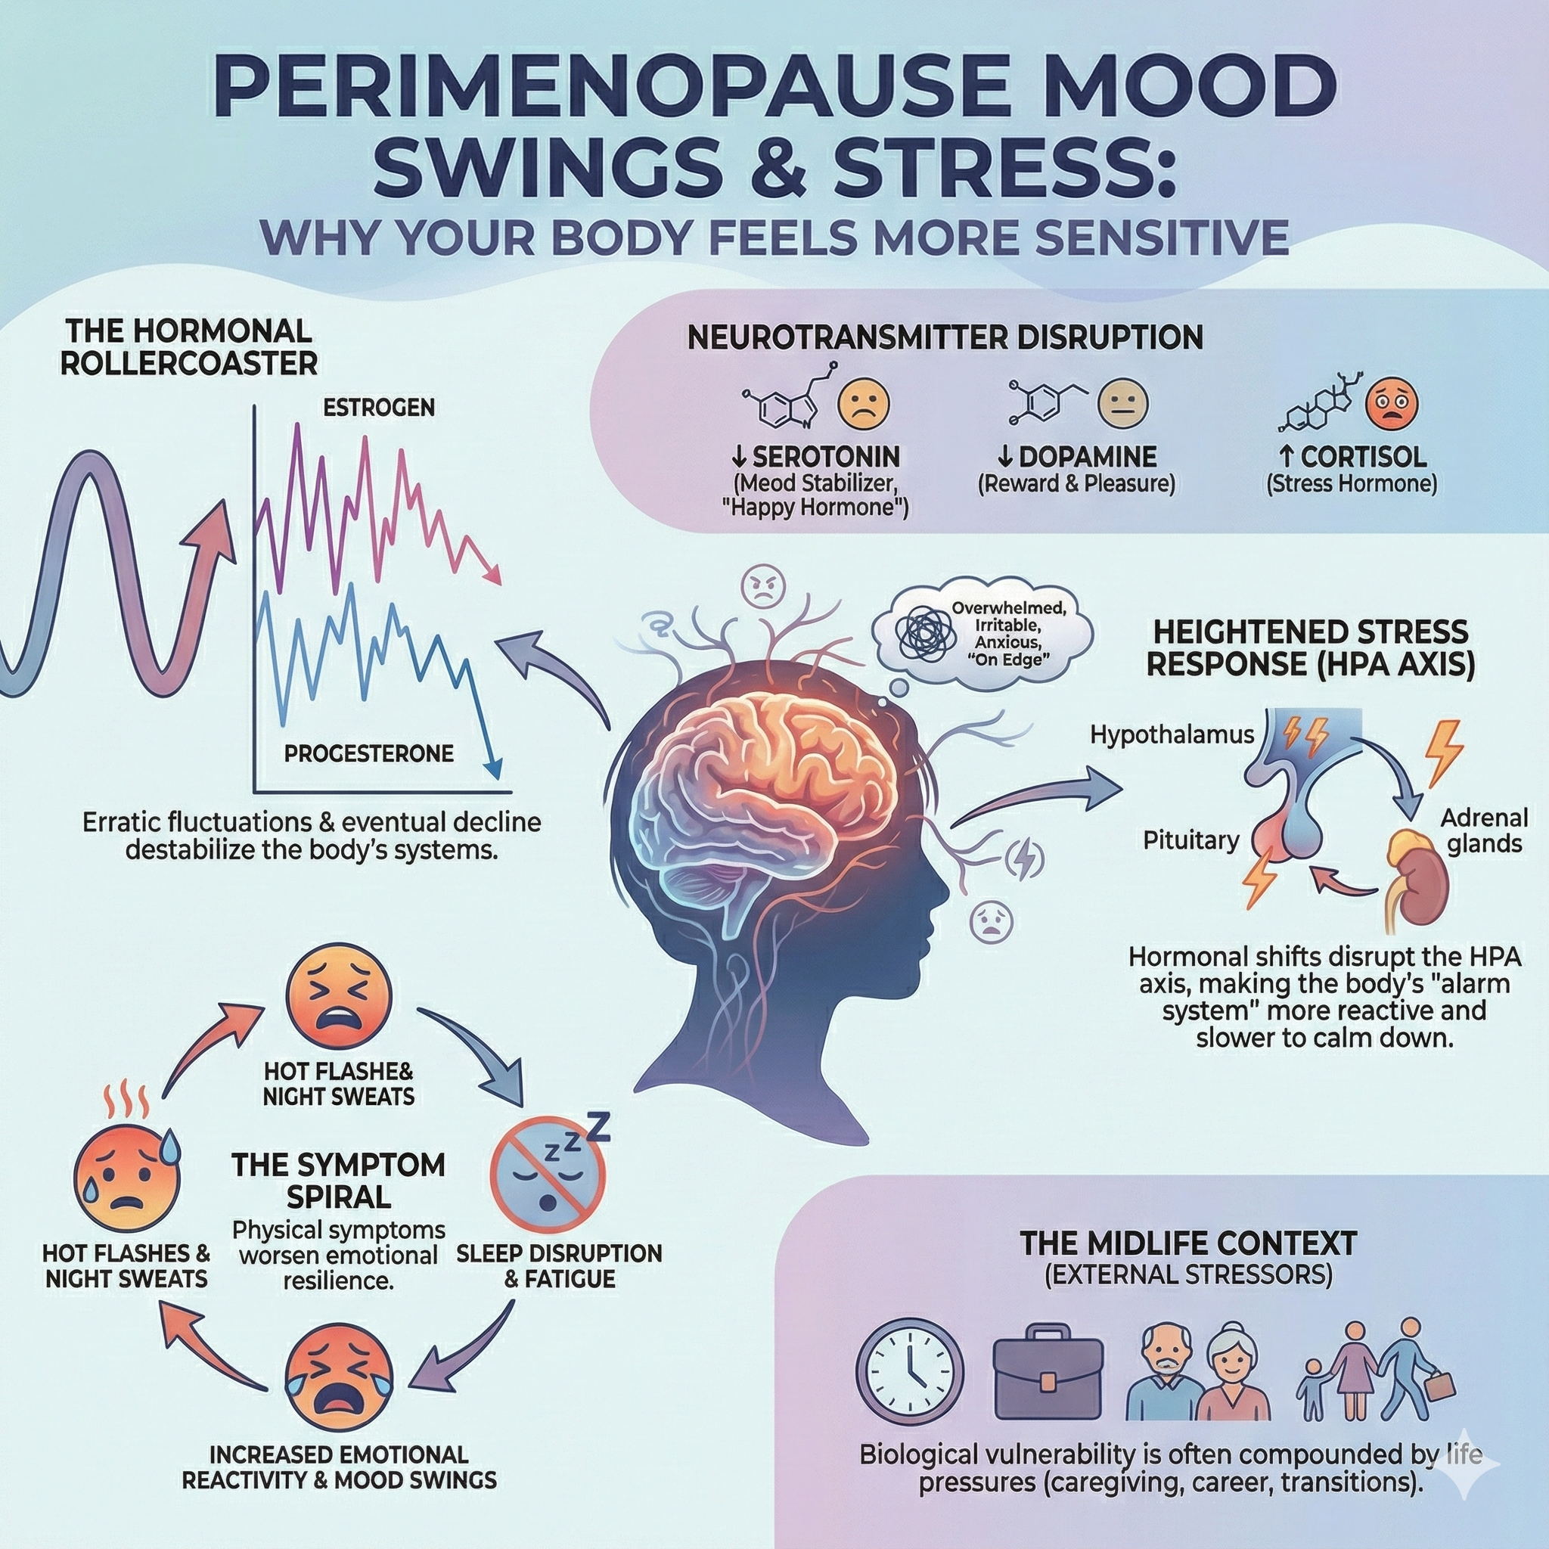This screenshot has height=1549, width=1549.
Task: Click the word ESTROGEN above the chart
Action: click(x=378, y=408)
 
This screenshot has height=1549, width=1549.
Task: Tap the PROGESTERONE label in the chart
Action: click(x=369, y=753)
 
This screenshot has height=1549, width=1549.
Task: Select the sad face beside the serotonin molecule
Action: click(x=864, y=403)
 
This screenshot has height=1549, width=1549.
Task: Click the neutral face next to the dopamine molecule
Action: click(x=1122, y=403)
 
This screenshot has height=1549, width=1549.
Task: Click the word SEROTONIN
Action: click(x=825, y=457)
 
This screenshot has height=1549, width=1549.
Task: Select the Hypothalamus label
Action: click(x=1172, y=734)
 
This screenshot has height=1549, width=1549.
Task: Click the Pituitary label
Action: click(x=1190, y=840)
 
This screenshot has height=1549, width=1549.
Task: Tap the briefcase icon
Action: click(x=1046, y=1376)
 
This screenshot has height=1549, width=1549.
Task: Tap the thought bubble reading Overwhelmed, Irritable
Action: click(x=982, y=634)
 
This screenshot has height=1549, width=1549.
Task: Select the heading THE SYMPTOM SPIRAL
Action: click(x=338, y=1180)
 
